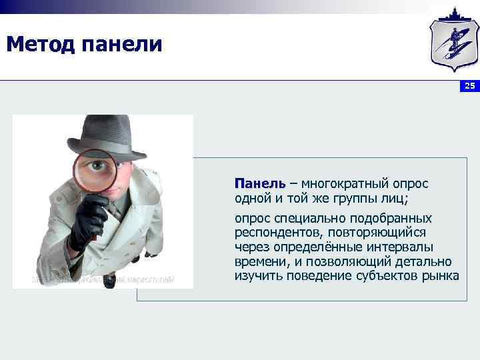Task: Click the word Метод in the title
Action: coord(40,44)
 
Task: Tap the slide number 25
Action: coord(470,86)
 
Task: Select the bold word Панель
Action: coord(259,183)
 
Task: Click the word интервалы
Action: coord(399,247)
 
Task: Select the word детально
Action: coord(425,261)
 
